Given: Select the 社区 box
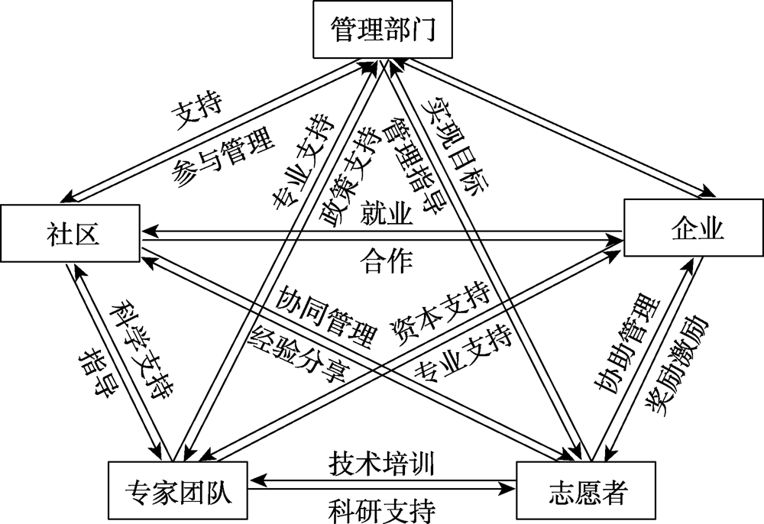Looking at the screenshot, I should coord(70,229).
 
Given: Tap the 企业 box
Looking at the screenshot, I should coord(694,227).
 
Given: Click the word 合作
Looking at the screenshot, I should coord(386,262).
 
